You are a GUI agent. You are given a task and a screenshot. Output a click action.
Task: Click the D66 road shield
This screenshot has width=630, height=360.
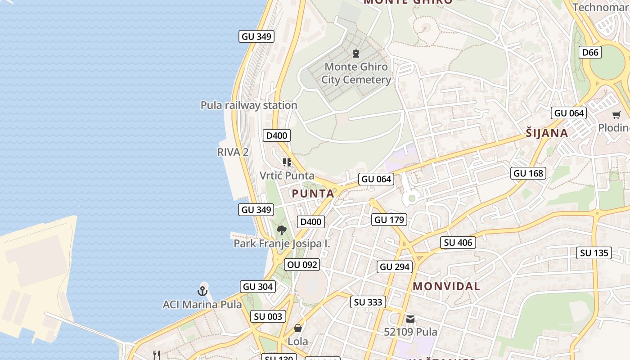(590, 53)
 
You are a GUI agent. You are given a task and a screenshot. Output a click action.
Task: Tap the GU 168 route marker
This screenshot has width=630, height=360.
(528, 173)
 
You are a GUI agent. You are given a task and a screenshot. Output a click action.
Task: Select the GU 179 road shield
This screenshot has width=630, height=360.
(389, 220)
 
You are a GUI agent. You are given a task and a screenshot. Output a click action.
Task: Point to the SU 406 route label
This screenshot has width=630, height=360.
(458, 243)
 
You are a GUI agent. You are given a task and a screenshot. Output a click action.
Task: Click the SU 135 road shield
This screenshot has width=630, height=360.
(594, 253)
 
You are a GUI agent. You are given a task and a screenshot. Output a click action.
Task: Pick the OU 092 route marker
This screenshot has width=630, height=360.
(302, 265)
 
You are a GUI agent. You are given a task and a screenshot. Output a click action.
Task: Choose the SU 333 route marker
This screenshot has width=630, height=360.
(368, 302)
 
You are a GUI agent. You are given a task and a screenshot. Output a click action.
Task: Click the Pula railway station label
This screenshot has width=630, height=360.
(249, 105)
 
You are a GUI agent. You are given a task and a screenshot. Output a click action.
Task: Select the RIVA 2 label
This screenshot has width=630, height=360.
(233, 152)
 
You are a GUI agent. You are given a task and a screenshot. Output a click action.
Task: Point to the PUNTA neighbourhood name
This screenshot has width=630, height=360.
(313, 194)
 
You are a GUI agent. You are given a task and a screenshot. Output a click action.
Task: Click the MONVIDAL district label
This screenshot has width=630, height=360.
(446, 286)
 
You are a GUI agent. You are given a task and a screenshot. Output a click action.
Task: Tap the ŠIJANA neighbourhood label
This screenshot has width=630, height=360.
(547, 133)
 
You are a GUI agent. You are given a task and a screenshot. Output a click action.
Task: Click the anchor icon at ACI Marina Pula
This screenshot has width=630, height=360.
(202, 291)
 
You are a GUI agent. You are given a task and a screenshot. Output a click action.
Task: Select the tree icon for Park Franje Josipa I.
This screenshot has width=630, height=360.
(282, 230)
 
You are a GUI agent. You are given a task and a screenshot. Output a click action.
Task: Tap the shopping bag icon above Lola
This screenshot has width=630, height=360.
(297, 328)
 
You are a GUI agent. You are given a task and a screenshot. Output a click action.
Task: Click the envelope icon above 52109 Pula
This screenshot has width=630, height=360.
(410, 319)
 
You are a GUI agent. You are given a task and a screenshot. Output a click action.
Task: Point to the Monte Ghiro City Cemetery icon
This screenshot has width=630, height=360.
(356, 54)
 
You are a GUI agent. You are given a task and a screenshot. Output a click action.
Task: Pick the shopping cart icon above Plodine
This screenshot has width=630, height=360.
(616, 115)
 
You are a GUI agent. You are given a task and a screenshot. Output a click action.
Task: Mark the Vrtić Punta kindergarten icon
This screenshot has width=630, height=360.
(287, 162)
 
